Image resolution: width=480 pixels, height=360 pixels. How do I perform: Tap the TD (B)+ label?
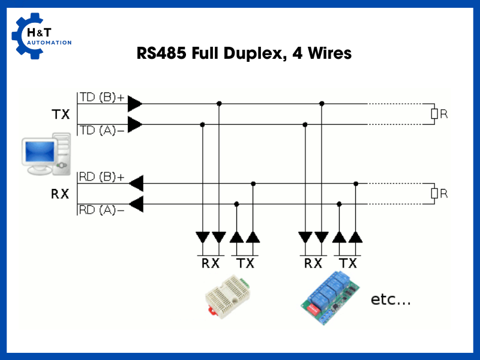[x=102, y=98]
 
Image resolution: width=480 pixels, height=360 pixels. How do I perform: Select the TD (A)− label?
[x=102, y=130]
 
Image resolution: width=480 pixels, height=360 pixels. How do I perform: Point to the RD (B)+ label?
[x=102, y=178]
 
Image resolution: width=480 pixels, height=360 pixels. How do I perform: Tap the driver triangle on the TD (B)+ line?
[x=135, y=104]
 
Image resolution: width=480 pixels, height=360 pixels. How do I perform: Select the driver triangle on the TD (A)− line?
[x=135, y=125]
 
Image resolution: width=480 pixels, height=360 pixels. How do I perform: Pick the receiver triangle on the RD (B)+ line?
[x=136, y=183]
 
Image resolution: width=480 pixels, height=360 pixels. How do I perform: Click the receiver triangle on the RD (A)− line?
[x=136, y=204]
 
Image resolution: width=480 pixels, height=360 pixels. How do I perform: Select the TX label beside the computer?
[x=61, y=115]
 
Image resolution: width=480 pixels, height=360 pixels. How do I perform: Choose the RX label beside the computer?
[x=61, y=194]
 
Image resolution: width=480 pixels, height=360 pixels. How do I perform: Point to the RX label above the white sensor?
[x=210, y=263]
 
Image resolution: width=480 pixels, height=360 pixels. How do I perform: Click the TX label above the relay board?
[x=347, y=263]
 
